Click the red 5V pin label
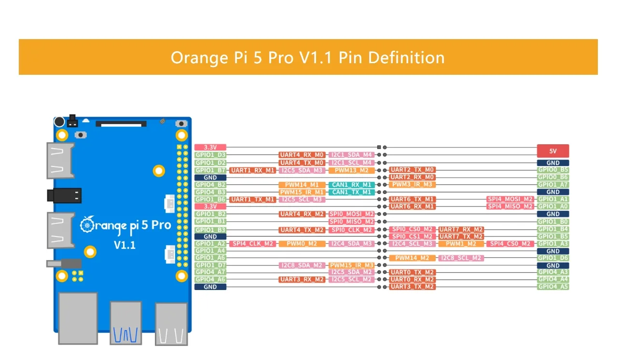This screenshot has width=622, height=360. click(x=553, y=151)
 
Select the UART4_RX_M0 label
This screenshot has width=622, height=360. click(x=302, y=155)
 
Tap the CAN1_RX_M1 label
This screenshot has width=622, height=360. click(x=351, y=185)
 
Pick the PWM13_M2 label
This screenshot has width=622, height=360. click(x=351, y=170)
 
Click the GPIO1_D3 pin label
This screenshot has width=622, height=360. click(x=210, y=155)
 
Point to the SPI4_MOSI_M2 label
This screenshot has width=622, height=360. click(x=510, y=199)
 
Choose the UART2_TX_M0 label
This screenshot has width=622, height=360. click(x=412, y=170)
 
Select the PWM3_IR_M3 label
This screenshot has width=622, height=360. click(x=412, y=184)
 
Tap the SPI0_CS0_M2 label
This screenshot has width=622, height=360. click(x=412, y=229)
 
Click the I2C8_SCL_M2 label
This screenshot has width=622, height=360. click(x=461, y=258)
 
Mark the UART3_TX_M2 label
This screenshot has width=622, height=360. click(x=412, y=287)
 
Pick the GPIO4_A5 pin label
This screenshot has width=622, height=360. click(x=553, y=287)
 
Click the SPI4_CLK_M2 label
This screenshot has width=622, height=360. click(x=253, y=244)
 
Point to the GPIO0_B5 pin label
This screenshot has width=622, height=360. click(x=553, y=170)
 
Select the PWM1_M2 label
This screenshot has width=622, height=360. click(x=461, y=244)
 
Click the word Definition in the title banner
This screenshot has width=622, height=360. click(x=406, y=57)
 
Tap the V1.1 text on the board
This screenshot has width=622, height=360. click(x=124, y=245)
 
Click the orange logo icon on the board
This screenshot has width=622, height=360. click(x=87, y=224)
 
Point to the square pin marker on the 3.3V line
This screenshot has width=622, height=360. click(x=379, y=147)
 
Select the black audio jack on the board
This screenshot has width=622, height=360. click(x=64, y=195)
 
